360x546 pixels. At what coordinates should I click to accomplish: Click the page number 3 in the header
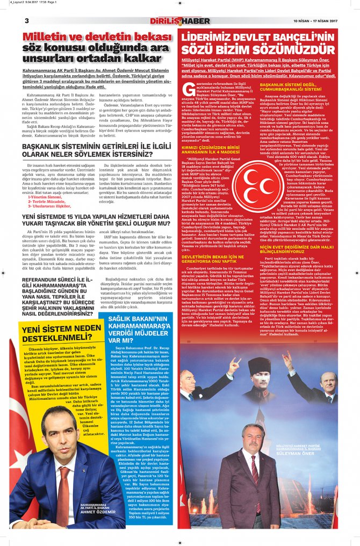[x=26, y=21]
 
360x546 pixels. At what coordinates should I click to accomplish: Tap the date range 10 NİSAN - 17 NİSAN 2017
[x=307, y=21]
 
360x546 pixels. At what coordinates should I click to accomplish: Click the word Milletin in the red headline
[x=47, y=37]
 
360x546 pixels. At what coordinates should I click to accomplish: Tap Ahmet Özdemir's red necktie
[x=64, y=483]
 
